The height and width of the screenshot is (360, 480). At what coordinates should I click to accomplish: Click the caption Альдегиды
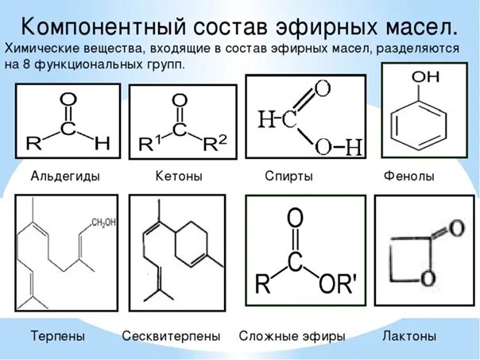pyautogui.click(x=65, y=175)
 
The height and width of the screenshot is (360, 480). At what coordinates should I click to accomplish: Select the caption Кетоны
pyautogui.click(x=178, y=175)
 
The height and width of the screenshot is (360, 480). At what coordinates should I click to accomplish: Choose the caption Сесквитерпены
pyautogui.click(x=171, y=337)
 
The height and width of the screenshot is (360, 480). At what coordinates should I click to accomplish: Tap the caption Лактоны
pyautogui.click(x=409, y=337)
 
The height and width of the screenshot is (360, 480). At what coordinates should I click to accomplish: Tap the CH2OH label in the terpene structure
pyautogui.click(x=104, y=222)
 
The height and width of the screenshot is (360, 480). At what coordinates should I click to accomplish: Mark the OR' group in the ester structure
pyautogui.click(x=342, y=284)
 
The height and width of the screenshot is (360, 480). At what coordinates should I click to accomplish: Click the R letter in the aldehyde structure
pyautogui.click(x=33, y=144)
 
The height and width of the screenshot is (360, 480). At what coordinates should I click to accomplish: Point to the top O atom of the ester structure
pyautogui.click(x=295, y=217)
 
